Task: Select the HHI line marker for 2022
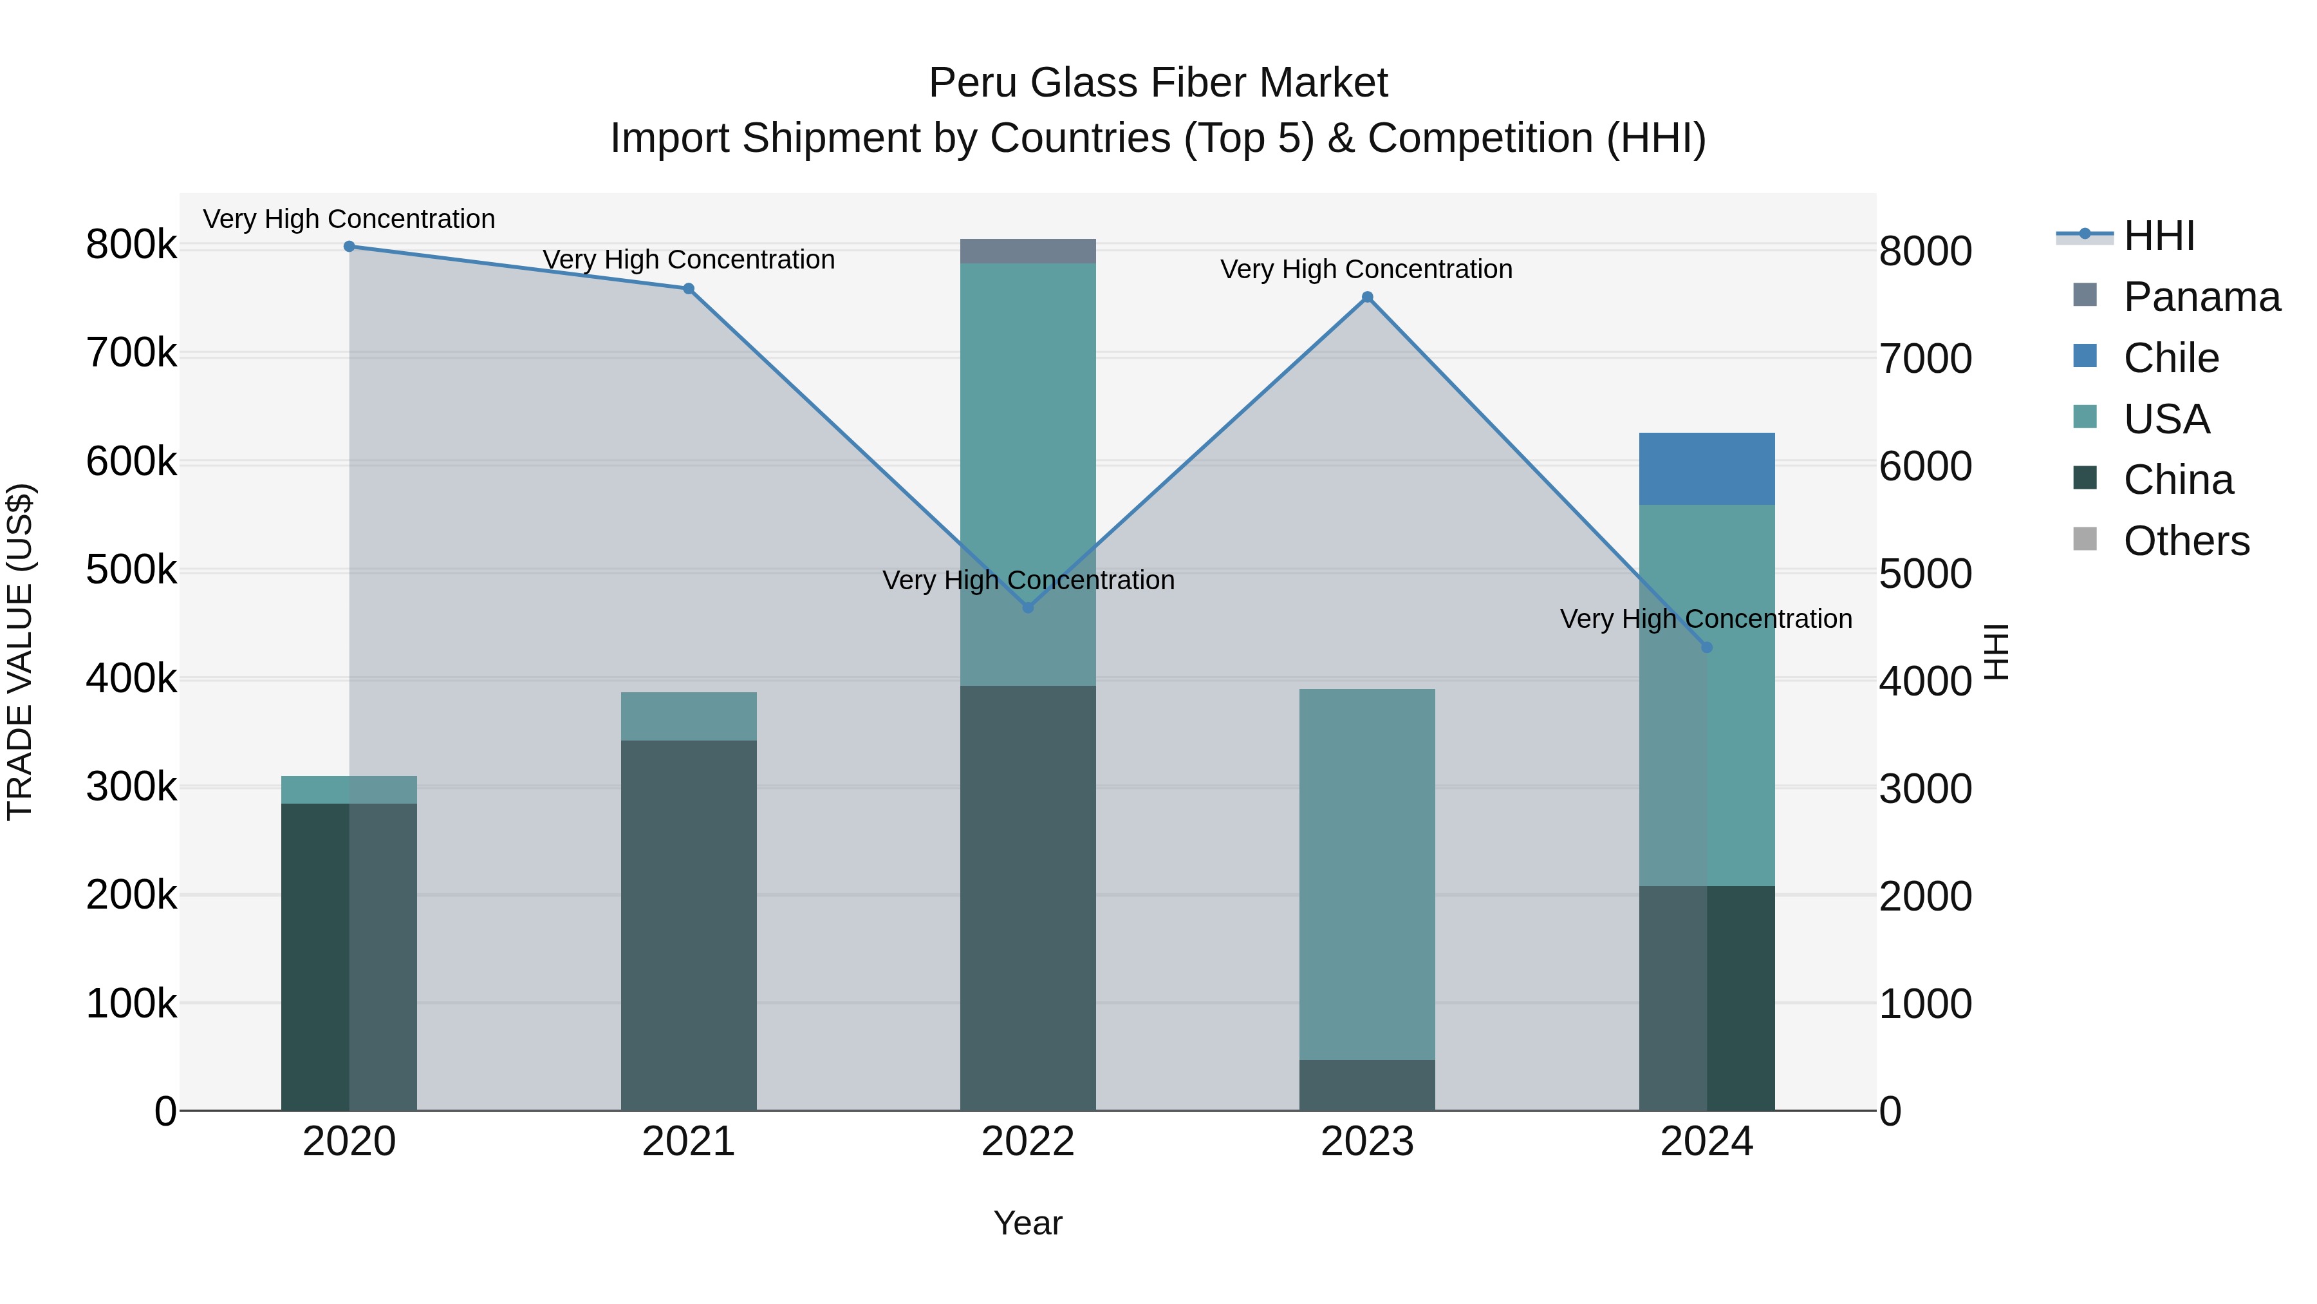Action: (1028, 607)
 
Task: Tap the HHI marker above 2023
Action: (1367, 297)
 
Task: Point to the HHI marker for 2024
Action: (1706, 647)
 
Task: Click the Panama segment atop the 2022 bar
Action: (1028, 251)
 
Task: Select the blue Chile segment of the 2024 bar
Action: (1706, 469)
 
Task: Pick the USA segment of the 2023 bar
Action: (1367, 873)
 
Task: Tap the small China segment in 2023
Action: (1367, 1084)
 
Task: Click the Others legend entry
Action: (2185, 541)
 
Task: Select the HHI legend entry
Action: (2158, 236)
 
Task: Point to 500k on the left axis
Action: (131, 570)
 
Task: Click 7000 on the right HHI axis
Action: (1925, 358)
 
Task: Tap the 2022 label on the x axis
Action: (1028, 1142)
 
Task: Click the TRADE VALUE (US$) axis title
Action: (20, 652)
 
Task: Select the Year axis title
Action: (1028, 1223)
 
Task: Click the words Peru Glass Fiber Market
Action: (1158, 83)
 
